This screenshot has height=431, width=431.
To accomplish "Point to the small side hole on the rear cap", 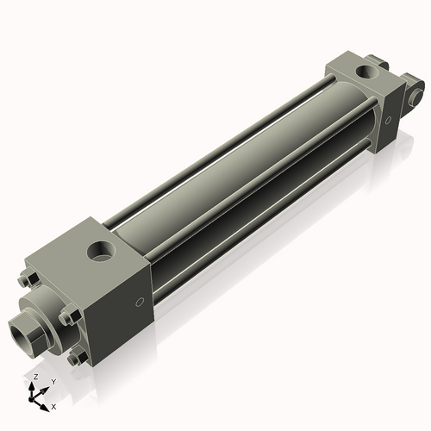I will [x=389, y=120].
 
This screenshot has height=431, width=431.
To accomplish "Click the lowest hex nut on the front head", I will [x=78, y=354].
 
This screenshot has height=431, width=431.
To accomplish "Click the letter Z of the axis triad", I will [x=34, y=378].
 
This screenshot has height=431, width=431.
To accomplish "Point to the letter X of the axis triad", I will [x=53, y=405].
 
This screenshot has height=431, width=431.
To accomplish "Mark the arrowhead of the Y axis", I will [x=44, y=389].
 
